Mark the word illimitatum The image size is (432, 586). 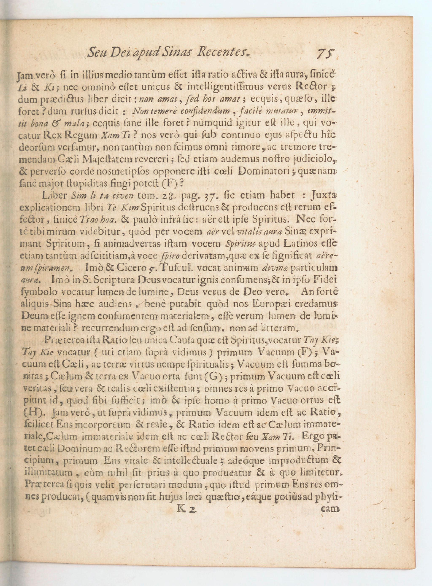click(x=48, y=473)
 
